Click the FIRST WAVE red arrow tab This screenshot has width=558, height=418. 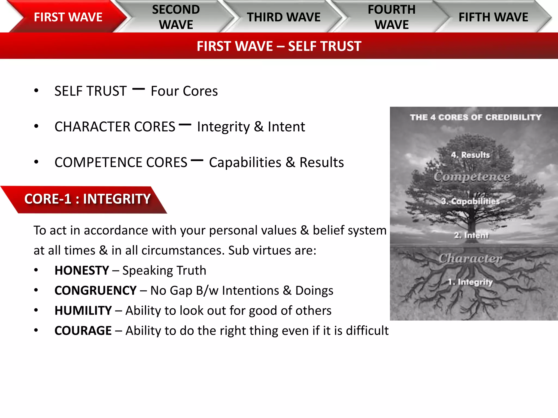(x=68, y=17)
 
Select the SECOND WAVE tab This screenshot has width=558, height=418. (x=176, y=17)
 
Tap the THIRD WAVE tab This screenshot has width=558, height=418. (x=284, y=17)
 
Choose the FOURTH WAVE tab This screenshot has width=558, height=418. (x=392, y=17)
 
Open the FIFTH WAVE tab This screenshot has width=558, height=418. (x=493, y=17)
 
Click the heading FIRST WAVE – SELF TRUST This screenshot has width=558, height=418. (x=279, y=46)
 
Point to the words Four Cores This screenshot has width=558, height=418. (x=184, y=91)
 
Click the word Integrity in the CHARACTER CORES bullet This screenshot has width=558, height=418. (x=223, y=127)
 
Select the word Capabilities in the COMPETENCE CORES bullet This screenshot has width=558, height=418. (x=245, y=162)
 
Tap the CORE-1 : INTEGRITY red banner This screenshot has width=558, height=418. (x=87, y=199)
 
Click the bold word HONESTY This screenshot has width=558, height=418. (x=82, y=271)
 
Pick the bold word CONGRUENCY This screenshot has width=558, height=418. (x=95, y=291)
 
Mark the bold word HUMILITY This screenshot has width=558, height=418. (x=83, y=311)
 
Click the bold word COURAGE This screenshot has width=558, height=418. (x=83, y=331)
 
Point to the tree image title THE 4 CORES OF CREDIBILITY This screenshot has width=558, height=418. (x=475, y=117)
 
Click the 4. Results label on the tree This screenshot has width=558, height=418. (x=470, y=155)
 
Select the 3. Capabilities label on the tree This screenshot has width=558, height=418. (x=471, y=201)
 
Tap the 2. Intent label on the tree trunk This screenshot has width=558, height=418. (x=471, y=235)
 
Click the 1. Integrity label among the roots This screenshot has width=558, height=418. (x=471, y=282)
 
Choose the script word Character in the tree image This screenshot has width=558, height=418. (x=471, y=258)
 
